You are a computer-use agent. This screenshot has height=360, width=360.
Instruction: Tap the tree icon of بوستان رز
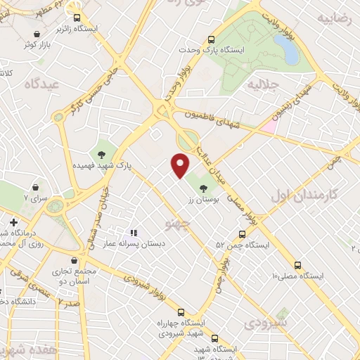[x=204, y=188]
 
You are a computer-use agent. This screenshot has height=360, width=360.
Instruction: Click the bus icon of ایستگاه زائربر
[x=77, y=19]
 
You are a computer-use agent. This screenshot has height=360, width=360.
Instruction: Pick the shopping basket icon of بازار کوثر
[x=37, y=33]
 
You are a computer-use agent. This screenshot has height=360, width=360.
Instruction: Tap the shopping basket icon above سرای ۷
[x=35, y=188]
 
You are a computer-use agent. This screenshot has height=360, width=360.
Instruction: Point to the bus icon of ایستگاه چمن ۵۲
[x=242, y=234]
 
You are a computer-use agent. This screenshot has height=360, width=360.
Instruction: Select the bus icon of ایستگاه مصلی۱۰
[x=298, y=265]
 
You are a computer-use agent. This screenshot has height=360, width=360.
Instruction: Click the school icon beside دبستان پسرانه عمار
[x=134, y=232]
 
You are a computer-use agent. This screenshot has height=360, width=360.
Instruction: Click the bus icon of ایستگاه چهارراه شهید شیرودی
[x=181, y=312]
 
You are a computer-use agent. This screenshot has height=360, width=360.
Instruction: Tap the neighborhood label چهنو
[x=176, y=224]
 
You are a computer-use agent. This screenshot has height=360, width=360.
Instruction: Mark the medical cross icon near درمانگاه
[x=13, y=222]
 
